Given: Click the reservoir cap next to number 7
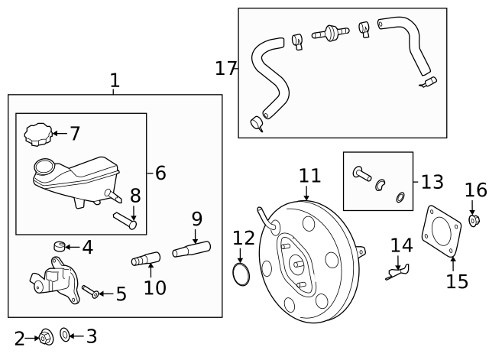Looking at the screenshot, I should click(x=37, y=135).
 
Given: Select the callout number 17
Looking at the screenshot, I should click(x=226, y=69).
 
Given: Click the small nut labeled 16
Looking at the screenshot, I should click(x=474, y=221).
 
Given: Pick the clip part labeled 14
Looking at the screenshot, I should click(x=397, y=270).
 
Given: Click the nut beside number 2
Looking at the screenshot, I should click(x=45, y=336).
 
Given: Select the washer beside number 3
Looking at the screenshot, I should click(x=65, y=336).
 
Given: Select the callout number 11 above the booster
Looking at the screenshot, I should click(x=309, y=176).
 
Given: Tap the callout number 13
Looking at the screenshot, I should click(x=432, y=182).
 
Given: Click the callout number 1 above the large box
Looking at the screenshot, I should click(x=115, y=80).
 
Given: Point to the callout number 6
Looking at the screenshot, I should click(x=160, y=174).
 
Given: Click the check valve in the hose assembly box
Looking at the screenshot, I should click(x=331, y=34).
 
